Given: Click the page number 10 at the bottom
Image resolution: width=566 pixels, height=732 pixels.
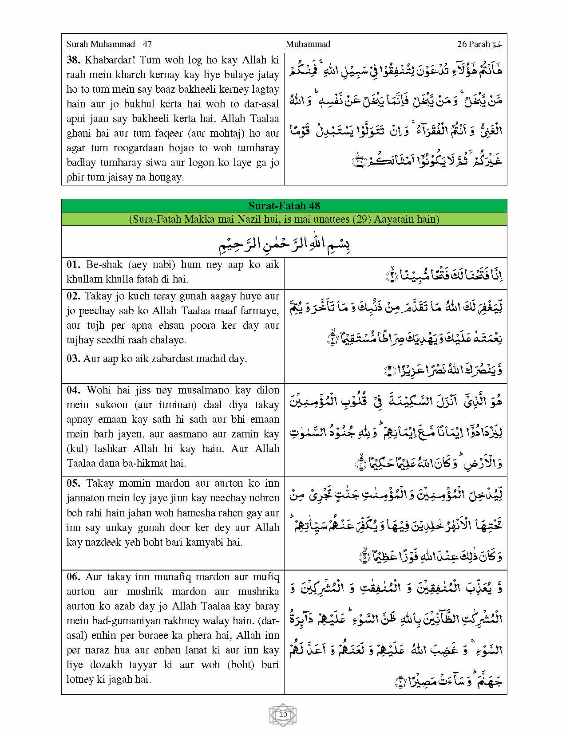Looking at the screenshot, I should [x=283, y=715].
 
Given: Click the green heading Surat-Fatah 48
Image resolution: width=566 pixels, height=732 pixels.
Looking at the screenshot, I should [x=284, y=206].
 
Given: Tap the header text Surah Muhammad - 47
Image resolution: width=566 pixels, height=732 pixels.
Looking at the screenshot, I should [x=109, y=44].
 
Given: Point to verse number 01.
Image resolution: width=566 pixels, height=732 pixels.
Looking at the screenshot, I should [x=73, y=265].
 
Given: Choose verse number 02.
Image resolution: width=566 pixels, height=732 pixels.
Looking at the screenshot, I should [x=74, y=296].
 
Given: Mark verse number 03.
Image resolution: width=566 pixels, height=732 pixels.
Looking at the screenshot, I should [x=73, y=359].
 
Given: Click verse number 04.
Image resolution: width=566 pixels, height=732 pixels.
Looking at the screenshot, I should [x=74, y=390].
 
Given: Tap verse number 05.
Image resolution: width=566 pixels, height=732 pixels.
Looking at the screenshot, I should [x=74, y=484].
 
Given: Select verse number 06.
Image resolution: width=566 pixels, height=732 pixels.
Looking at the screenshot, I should [x=74, y=577].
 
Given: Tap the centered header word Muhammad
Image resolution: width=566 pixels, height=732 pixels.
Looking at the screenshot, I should [x=308, y=44].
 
